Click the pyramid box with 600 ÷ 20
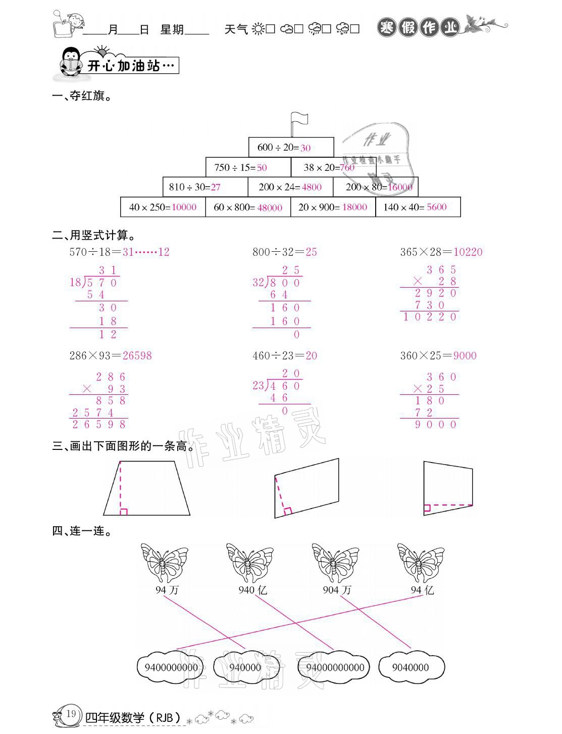291,147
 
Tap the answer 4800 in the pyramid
312,187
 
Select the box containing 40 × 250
163,207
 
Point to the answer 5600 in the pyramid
436,207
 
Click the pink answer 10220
468,252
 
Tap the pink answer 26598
137,355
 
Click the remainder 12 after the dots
164,252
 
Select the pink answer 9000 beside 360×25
465,355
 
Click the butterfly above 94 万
164,563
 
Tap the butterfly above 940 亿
249,563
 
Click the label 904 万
337,590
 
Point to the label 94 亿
422,590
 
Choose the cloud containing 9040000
411,667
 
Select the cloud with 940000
245,667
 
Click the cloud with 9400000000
171,667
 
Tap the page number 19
71,713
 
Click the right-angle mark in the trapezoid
124,512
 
